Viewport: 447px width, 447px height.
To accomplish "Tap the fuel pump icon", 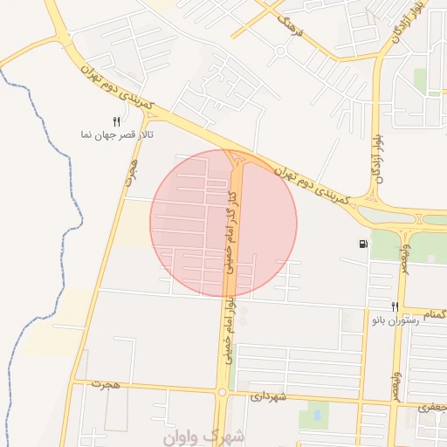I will pos(362,244).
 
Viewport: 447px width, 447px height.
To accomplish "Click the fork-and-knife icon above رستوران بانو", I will pos(395,306).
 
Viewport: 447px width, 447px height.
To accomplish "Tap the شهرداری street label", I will pos(269,395).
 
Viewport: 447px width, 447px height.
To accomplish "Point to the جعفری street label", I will pos(431,407).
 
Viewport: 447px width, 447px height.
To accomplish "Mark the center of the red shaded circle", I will pos(223,223).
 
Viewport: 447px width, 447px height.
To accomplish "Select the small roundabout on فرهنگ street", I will pos(280,51).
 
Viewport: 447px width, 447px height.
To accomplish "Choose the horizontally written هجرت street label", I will pos(109,384).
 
